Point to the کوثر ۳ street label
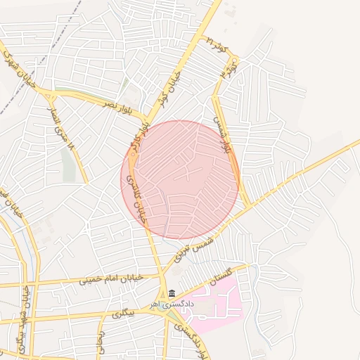[236, 70]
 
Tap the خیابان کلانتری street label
[135, 200]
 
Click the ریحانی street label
[100, 344]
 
